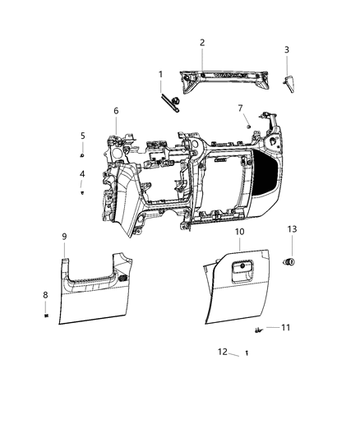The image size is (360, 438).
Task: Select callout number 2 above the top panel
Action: coord(202,42)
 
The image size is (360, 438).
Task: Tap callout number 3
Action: coord(286,49)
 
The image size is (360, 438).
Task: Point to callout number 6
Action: coord(116,111)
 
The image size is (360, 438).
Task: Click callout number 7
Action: coord(240,108)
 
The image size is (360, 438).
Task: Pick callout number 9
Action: coord(64,237)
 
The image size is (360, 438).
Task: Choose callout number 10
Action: coord(239,233)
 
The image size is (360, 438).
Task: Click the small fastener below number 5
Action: coord(83,154)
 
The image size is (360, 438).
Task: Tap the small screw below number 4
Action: coord(83,192)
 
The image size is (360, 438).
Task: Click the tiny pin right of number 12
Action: coord(247,353)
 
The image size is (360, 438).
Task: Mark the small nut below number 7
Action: coord(247,124)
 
